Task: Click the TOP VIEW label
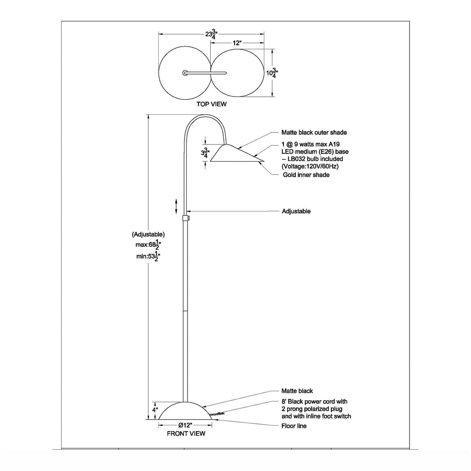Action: point(212,104)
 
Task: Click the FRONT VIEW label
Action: point(186,433)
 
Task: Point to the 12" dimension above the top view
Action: point(237,43)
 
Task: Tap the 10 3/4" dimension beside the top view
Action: point(272,72)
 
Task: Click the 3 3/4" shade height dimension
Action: point(205,153)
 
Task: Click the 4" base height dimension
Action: point(154,410)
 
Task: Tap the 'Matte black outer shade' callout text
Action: point(314,133)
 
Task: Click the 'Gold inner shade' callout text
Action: point(305,175)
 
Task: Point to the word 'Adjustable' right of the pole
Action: point(296,211)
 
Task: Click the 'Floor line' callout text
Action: point(294,426)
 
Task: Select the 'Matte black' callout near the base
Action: point(297,391)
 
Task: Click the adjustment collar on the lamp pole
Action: point(185,218)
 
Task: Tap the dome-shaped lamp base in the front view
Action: point(185,412)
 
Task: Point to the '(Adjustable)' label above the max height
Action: point(148,234)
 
